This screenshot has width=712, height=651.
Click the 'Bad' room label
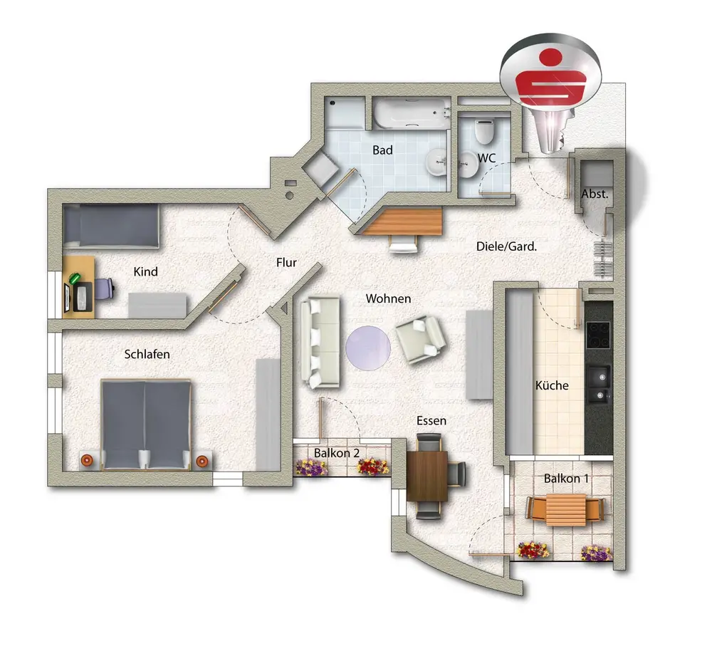[382, 151]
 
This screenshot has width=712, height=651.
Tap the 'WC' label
[487, 157]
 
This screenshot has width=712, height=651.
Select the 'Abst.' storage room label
[594, 194]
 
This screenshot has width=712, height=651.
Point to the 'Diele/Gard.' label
[506, 246]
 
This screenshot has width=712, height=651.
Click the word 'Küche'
[552, 385]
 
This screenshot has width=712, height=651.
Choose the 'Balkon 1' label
[566, 479]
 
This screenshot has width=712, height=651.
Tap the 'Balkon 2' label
[337, 453]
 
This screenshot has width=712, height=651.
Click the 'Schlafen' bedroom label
[147, 354]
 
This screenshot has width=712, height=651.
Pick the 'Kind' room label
[145, 271]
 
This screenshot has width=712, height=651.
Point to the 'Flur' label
[286, 262]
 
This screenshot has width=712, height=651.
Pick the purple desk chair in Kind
[104, 289]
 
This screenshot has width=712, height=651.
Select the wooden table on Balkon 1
[565, 511]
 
